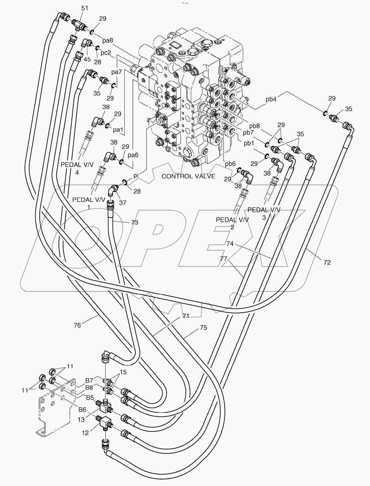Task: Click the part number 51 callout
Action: (x=85, y=8)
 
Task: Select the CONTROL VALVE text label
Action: (x=188, y=176)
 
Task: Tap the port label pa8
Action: (x=108, y=41)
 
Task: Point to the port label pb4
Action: (x=271, y=99)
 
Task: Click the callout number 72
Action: (x=327, y=262)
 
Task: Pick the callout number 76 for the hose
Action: (x=77, y=325)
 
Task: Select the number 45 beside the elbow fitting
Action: (x=87, y=60)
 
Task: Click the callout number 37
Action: (x=122, y=203)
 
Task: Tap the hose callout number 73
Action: (x=134, y=222)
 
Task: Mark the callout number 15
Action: (x=123, y=372)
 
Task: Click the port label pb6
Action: (x=230, y=164)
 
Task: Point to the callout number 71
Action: (x=185, y=316)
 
